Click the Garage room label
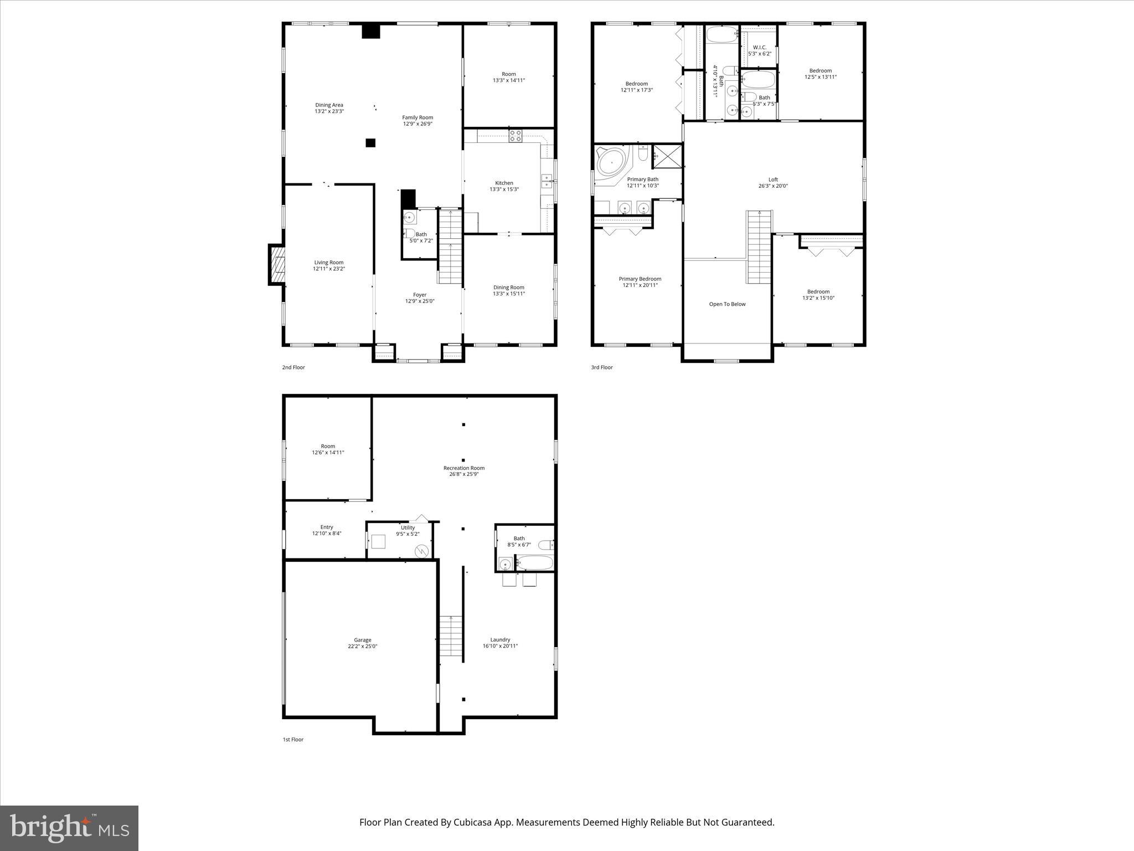point(363,640)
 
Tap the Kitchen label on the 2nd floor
point(504,183)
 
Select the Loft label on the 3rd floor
point(773,180)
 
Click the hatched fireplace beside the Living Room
point(278,265)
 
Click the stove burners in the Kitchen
point(515,136)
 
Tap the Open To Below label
point(727,304)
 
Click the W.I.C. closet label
point(759,48)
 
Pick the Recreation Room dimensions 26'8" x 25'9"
point(464,474)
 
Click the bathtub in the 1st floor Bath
point(534,563)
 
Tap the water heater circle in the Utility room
point(422,551)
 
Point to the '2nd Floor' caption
point(293,367)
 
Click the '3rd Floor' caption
point(602,367)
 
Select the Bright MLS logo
point(69,828)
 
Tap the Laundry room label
point(500,639)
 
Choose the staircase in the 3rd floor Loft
point(760,247)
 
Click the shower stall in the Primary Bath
point(667,156)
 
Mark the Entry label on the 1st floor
point(327,527)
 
